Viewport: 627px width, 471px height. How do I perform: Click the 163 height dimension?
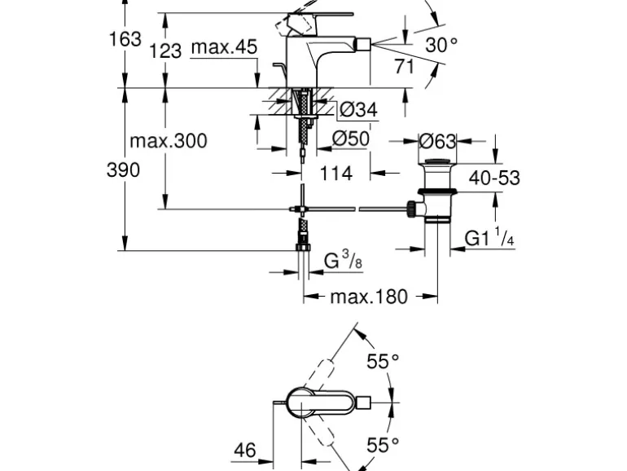click(125, 38)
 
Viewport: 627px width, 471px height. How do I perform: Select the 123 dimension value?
click(165, 51)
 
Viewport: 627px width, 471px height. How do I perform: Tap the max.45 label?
click(224, 47)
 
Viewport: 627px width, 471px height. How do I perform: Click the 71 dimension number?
click(405, 67)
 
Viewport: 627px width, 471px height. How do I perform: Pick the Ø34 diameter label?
click(359, 109)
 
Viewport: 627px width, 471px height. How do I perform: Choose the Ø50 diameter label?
click(351, 139)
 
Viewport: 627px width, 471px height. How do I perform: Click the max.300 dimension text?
click(169, 141)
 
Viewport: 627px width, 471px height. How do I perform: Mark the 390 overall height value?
click(123, 170)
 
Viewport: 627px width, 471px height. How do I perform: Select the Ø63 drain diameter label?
click(437, 141)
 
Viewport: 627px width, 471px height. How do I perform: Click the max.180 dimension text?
click(368, 297)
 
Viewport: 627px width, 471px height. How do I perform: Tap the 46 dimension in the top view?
click(245, 450)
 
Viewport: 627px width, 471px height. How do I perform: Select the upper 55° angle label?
click(383, 362)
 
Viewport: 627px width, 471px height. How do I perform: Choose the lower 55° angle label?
click(383, 445)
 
